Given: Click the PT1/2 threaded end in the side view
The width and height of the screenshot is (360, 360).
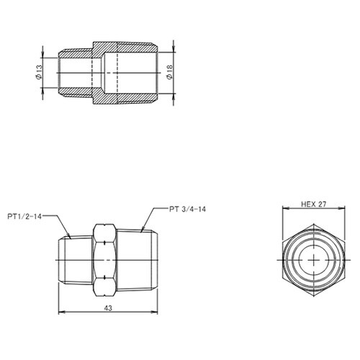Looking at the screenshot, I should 74,257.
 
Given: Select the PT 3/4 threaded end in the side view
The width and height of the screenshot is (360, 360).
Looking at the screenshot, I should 140,257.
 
